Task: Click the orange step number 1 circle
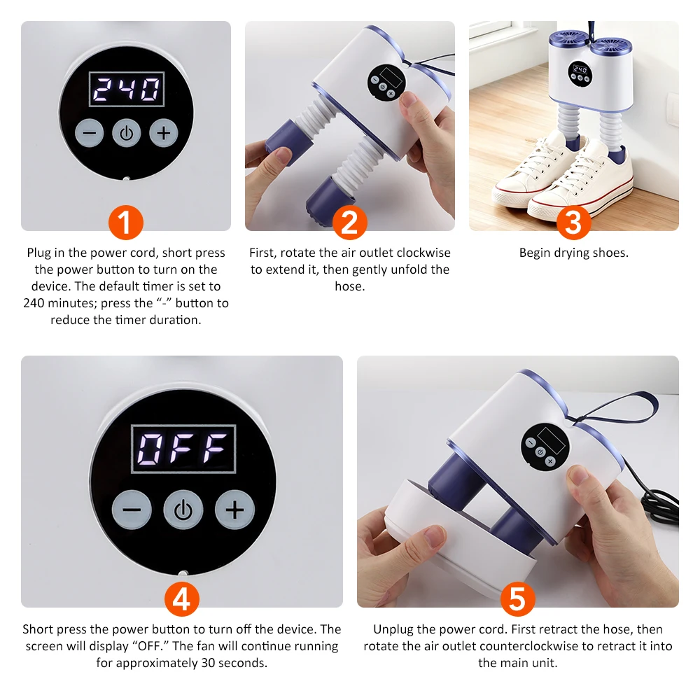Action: [125, 223]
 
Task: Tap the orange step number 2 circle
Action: [349, 223]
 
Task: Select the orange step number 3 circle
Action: [573, 223]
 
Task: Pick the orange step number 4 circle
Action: [181, 599]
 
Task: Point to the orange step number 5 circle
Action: [517, 599]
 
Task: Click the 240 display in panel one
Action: [126, 90]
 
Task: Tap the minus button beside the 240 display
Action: [89, 133]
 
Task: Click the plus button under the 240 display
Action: [163, 133]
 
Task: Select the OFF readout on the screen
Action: [183, 448]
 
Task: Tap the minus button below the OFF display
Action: [132, 509]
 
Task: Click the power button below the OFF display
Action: [183, 509]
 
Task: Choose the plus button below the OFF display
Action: [234, 509]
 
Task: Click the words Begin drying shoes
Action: [573, 253]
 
